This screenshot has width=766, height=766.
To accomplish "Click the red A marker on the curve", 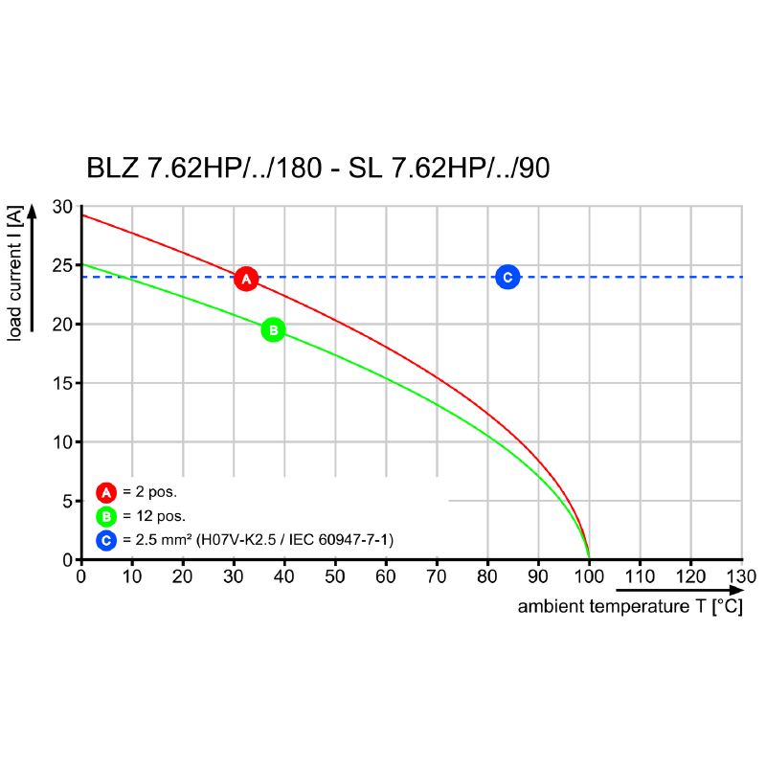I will tap(246, 279).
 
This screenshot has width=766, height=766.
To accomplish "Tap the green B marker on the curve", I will tap(273, 329).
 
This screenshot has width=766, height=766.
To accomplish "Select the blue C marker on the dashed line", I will tap(507, 278).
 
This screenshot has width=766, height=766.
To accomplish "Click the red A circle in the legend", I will tap(106, 493).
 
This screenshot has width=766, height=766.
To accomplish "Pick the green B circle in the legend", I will tap(106, 517).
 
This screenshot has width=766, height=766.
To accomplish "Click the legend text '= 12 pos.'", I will tap(153, 517).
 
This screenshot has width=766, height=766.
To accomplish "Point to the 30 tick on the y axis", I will tap(62, 207).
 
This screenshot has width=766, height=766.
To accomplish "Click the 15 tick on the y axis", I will tap(62, 383).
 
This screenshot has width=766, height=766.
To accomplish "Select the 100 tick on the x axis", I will tap(589, 576).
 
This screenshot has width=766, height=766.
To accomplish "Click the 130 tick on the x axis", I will tap(741, 576).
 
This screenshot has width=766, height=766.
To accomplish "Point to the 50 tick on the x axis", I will tap(335, 576).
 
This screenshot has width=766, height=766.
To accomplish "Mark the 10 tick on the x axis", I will tap(131, 576).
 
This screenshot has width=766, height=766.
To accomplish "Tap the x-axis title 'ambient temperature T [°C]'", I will tap(629, 607).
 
